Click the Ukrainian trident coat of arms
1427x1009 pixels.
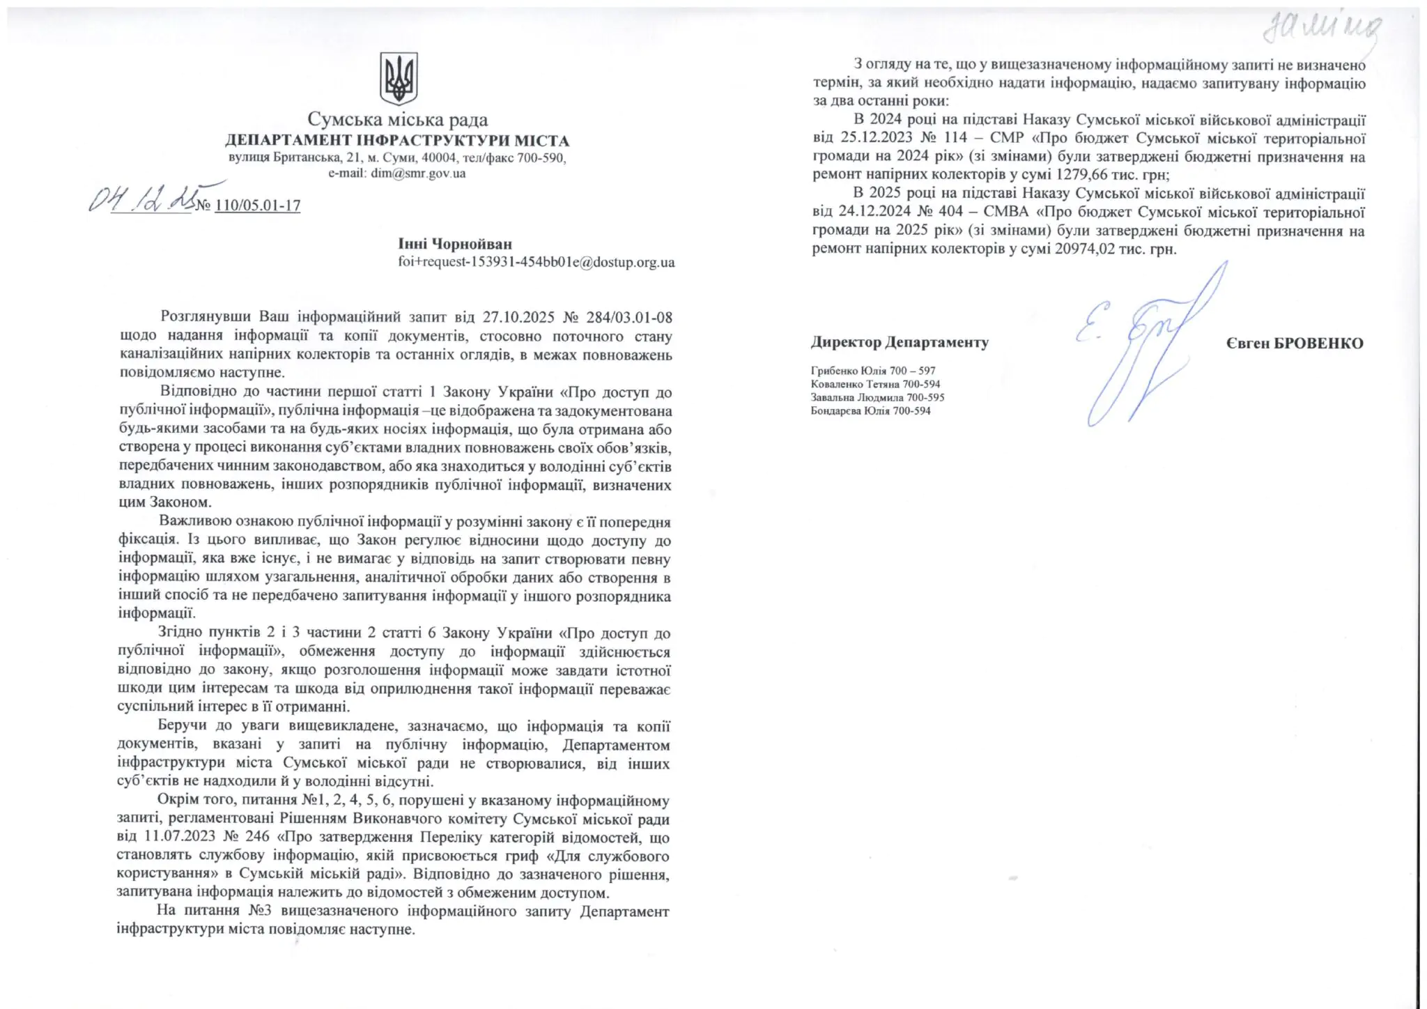point(398,78)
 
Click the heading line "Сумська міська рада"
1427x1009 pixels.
point(397,120)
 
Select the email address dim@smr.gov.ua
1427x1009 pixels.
point(418,174)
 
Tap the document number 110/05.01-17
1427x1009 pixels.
point(258,206)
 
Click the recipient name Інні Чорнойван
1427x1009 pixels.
point(455,244)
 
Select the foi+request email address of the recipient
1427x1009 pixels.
point(536,263)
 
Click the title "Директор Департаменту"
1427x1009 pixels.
point(899,343)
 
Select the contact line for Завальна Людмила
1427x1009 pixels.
point(877,398)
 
